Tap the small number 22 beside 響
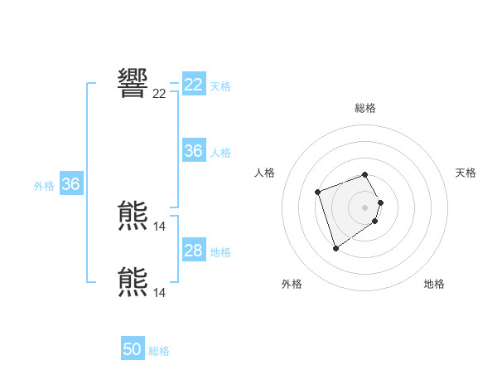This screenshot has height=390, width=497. (159, 94)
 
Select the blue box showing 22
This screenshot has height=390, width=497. (194, 85)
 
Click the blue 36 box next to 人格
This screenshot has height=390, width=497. (194, 151)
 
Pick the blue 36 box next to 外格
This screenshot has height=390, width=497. (70, 184)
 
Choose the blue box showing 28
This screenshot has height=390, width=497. (194, 251)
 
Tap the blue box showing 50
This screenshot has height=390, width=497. (133, 349)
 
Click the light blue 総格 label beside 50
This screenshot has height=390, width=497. (159, 352)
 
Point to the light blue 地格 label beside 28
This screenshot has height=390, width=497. (220, 252)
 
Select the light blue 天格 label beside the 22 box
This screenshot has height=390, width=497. (220, 86)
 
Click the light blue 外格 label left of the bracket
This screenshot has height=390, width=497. (44, 186)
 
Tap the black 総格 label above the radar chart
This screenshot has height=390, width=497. (365, 108)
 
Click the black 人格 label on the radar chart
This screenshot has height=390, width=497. (265, 173)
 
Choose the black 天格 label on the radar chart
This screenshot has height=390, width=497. (466, 173)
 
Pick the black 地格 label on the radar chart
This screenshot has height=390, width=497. (434, 284)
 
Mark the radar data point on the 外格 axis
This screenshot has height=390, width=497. (335, 248)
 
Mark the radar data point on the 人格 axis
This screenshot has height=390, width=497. (318, 193)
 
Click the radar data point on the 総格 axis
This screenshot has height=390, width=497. (365, 175)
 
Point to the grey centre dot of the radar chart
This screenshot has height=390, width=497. (365, 207)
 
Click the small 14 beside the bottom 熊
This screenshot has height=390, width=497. (159, 293)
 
